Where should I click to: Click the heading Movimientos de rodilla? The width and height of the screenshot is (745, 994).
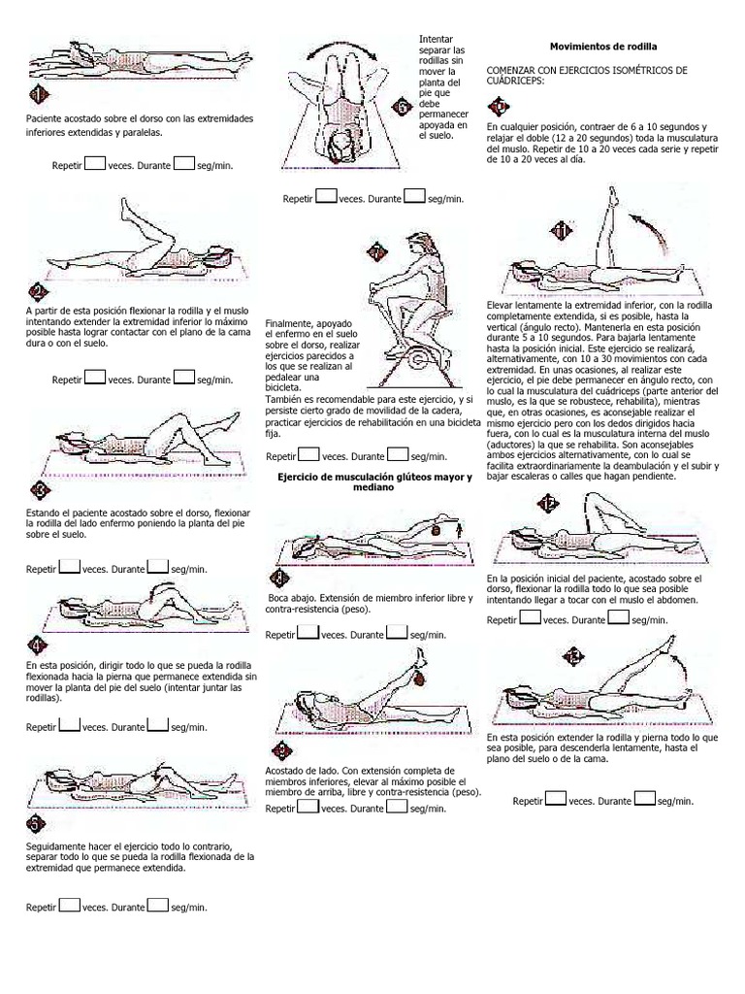602,47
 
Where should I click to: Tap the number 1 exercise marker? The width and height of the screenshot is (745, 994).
38,95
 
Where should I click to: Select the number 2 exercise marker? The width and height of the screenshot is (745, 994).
38,293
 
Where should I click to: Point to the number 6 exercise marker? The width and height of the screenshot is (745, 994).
403,108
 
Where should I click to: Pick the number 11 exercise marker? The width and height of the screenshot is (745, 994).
560,230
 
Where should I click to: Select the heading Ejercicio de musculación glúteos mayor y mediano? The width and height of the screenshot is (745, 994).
373,481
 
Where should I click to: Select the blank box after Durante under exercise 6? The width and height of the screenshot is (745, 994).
414,196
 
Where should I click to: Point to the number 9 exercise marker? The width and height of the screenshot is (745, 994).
281,750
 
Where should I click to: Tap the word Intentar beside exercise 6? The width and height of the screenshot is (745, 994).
435,39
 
